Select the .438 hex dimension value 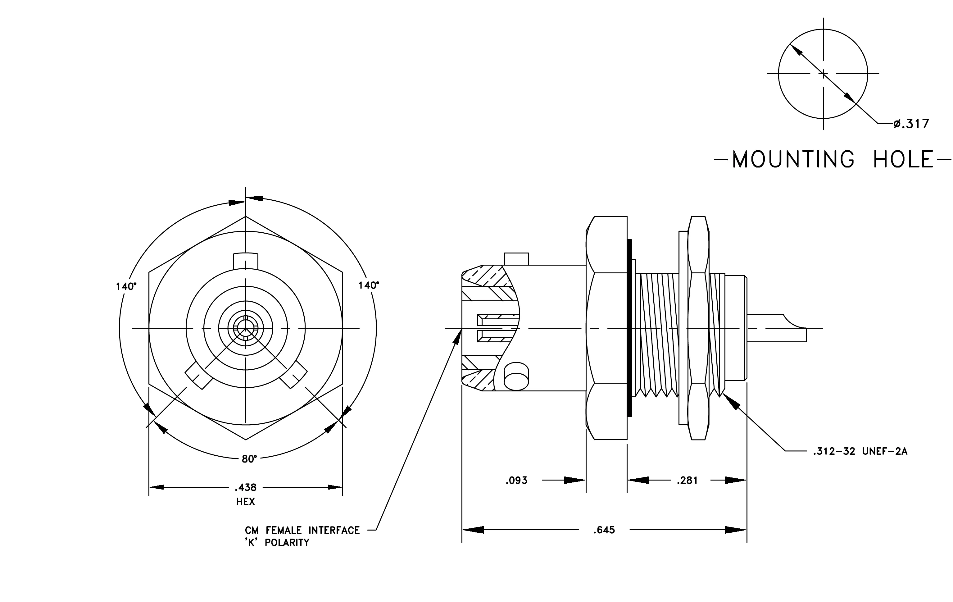click(246, 487)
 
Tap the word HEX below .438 click(246, 502)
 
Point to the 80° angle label click(249, 459)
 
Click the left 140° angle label click(126, 286)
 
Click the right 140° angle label click(369, 285)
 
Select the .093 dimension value click(516, 481)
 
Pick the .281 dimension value click(688, 481)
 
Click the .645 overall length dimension click(604, 530)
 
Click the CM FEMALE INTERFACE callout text click(302, 530)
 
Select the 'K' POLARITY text click(277, 543)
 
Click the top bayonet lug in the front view click(246, 261)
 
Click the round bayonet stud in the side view click(516, 376)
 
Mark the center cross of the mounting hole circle click(823, 74)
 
